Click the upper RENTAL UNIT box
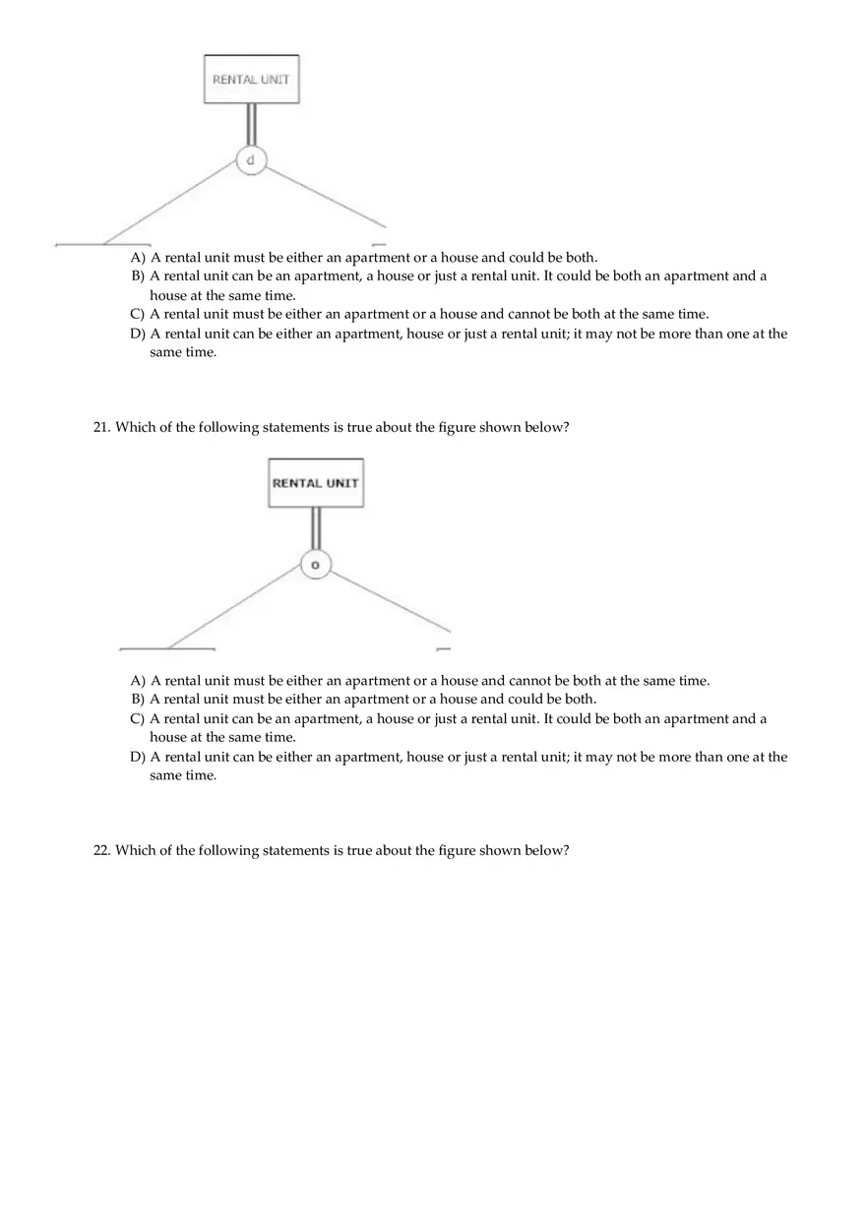pos(251,79)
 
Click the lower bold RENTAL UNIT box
pos(315,483)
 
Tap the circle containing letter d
pos(251,159)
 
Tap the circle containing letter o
pos(315,565)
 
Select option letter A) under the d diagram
pos(138,258)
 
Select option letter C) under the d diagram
pos(138,315)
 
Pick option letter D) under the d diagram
pos(138,334)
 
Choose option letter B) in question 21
pos(138,700)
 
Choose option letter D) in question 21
pos(138,757)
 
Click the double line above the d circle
pos(251,124)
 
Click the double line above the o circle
pos(315,528)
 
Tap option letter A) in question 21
pos(138,681)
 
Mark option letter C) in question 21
pos(138,719)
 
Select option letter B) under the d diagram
pos(138,276)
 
